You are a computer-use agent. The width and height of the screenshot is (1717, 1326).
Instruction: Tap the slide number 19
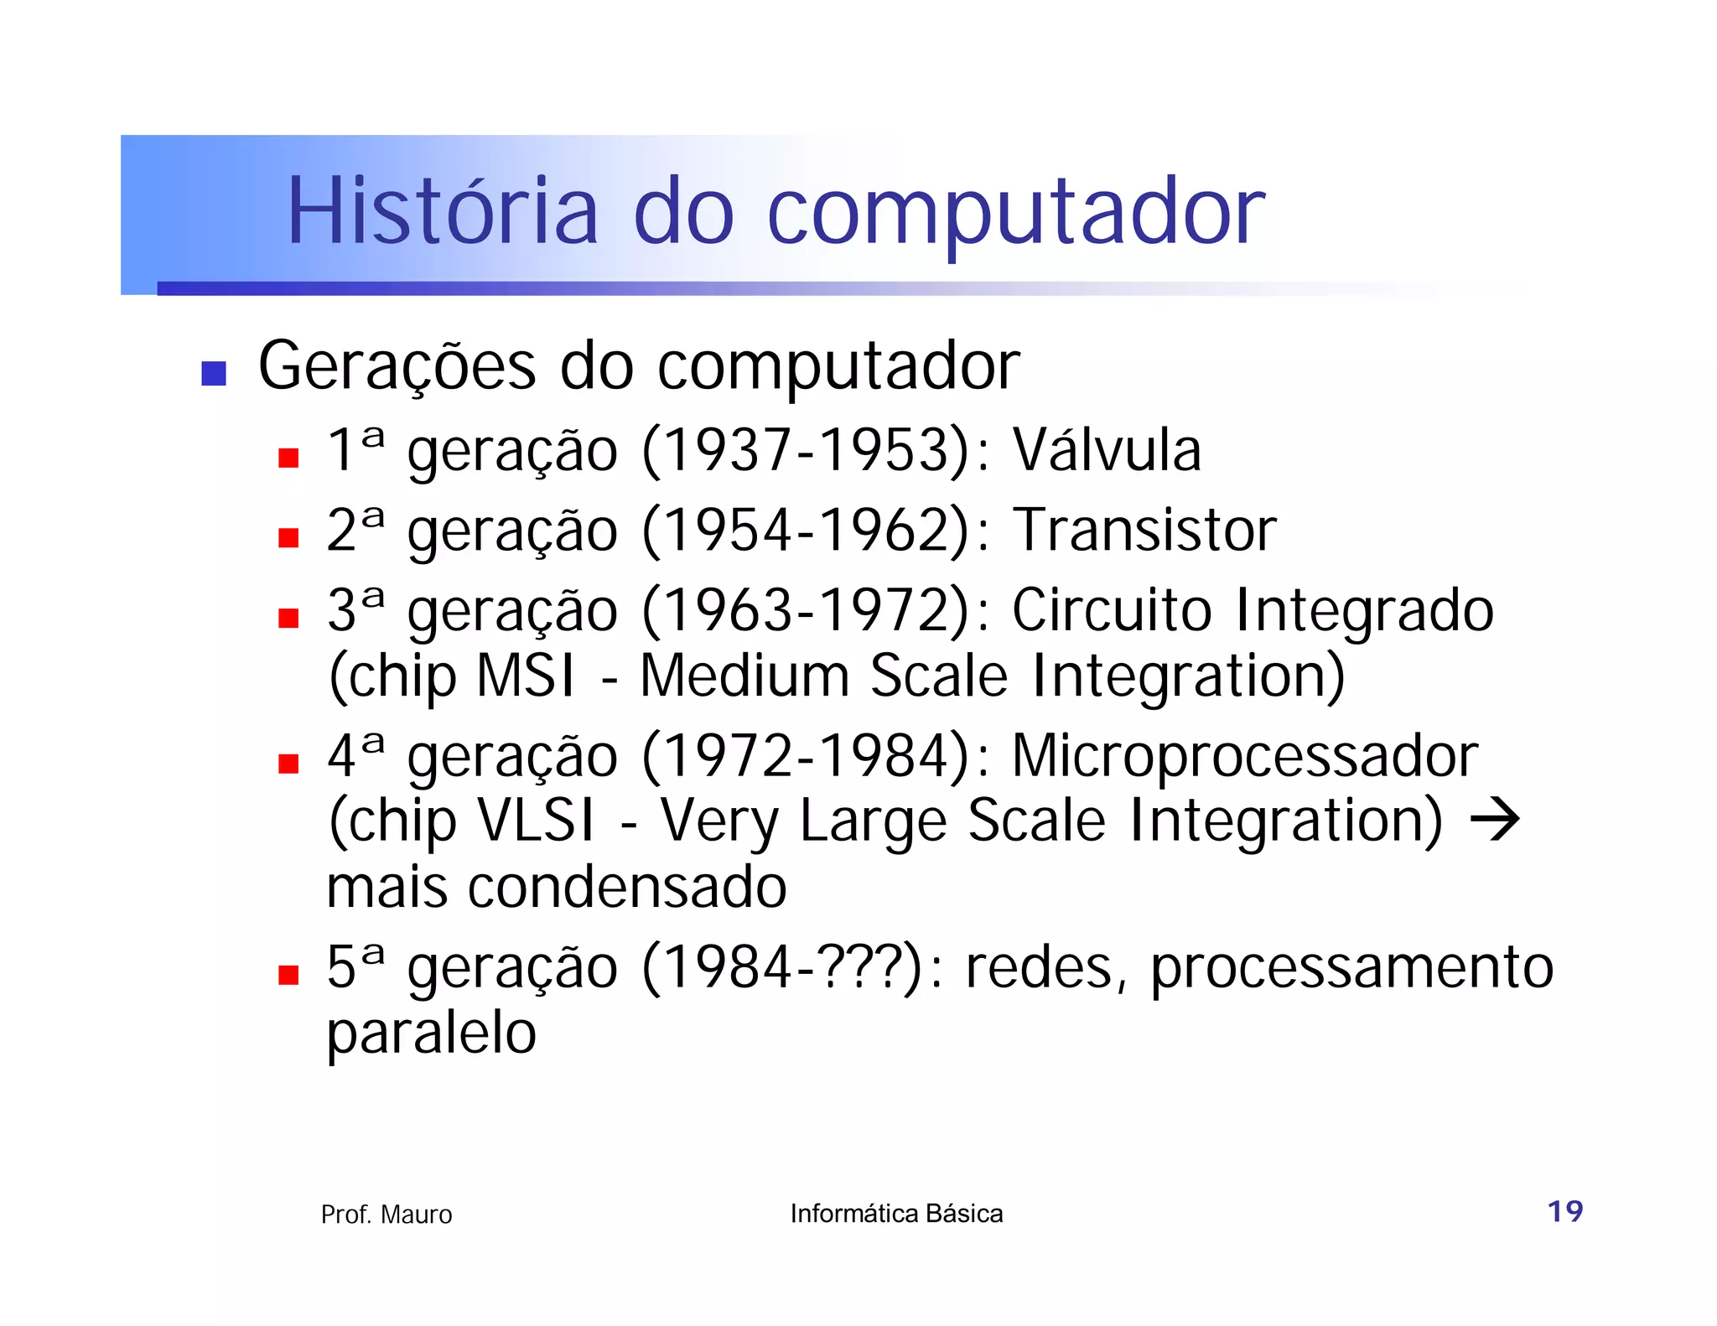click(1564, 1211)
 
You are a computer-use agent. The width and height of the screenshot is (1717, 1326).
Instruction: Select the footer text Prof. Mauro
click(386, 1215)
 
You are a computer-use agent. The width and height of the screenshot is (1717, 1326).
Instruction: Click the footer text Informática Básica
click(896, 1214)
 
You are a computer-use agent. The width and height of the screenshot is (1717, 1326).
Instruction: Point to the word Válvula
click(1107, 450)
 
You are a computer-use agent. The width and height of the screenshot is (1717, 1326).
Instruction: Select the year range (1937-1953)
click(807, 451)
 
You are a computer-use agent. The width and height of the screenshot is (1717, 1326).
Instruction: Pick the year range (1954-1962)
click(807, 531)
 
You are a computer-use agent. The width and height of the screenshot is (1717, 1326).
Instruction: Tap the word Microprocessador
click(1245, 756)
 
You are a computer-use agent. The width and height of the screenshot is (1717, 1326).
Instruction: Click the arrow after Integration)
click(1496, 820)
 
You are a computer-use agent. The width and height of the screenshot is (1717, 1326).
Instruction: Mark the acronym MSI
click(526, 676)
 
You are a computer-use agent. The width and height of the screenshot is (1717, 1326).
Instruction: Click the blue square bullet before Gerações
click(214, 373)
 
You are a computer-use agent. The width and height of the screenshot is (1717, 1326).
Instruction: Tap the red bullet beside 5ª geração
click(288, 975)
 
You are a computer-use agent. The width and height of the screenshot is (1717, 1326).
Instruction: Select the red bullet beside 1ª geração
click(288, 458)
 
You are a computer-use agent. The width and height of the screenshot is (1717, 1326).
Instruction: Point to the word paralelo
click(431, 1033)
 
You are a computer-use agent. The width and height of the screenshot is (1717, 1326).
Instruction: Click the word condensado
click(627, 887)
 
